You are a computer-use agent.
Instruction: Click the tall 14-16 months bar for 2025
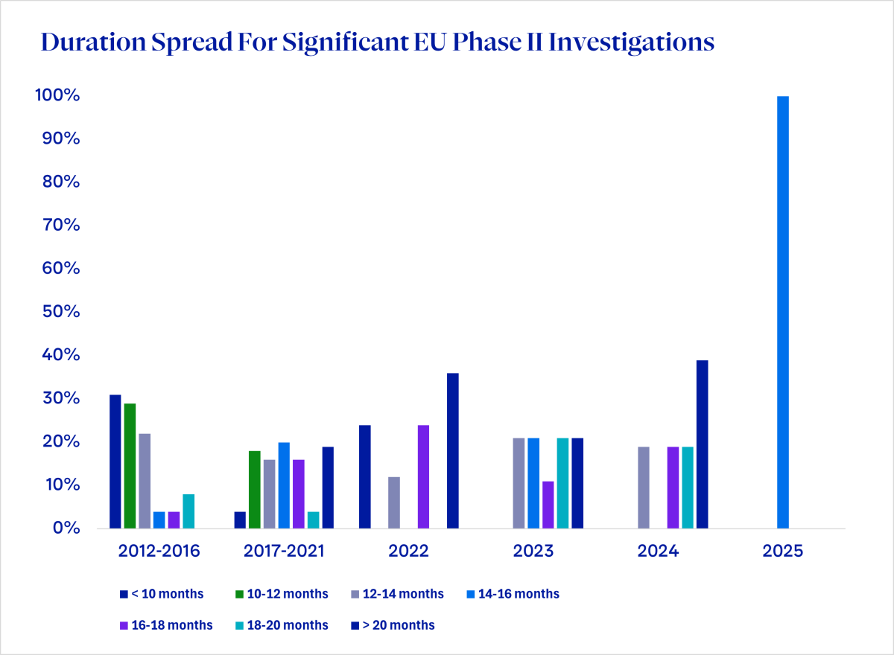pyautogui.click(x=783, y=313)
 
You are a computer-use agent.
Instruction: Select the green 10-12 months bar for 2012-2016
pyautogui.click(x=130, y=466)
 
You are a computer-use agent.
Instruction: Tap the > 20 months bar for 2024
pyautogui.click(x=702, y=444)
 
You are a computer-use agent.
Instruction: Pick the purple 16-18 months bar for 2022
pyautogui.click(x=423, y=476)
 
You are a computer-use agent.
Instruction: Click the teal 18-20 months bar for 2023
pyautogui.click(x=562, y=483)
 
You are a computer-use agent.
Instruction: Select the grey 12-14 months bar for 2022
pyautogui.click(x=394, y=502)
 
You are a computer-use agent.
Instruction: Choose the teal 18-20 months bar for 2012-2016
pyautogui.click(x=188, y=511)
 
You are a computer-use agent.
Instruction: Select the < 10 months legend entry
pyautogui.click(x=162, y=594)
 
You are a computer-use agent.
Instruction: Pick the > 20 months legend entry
pyautogui.click(x=396, y=625)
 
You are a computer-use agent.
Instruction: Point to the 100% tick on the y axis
pyautogui.click(x=56, y=96)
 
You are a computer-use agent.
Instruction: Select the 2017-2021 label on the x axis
pyautogui.click(x=284, y=552)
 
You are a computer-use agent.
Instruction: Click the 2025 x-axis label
pyautogui.click(x=783, y=552)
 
